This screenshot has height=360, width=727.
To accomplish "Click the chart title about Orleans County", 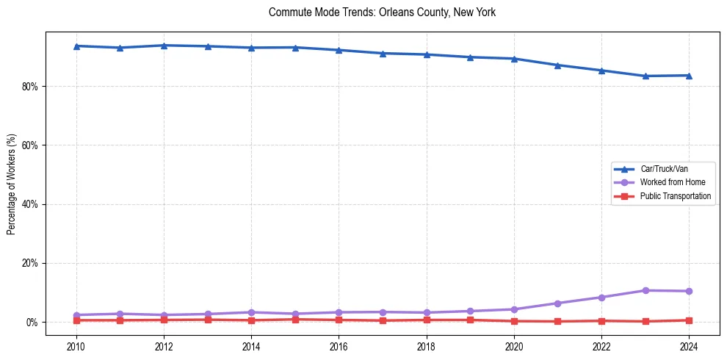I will pos(382,12).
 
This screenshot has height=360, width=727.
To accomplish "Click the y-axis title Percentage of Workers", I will pos(12,184).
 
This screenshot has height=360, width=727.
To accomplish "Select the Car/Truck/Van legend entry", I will pos(664,169).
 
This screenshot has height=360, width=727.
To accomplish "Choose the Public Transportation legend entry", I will pos(676,196).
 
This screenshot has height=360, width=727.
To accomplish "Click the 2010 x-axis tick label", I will pos(76,346).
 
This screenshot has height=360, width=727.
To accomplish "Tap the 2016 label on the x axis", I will pos(339,346).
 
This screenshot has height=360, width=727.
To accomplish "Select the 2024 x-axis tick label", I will pos(689,346).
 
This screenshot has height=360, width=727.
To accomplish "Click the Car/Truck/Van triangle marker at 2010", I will pos(76,46).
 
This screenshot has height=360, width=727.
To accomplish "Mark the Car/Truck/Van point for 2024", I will pos(689,76).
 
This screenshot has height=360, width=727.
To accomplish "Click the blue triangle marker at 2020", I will pos(514,59).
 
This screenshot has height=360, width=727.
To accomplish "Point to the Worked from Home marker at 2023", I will pos(645,290).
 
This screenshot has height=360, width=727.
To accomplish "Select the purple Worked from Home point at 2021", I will pos(558,303).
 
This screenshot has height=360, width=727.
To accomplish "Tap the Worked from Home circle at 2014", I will pos(251,312).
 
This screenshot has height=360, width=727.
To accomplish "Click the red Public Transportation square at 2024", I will pos(689,320).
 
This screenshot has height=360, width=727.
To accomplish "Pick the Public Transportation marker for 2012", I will pos(164,320).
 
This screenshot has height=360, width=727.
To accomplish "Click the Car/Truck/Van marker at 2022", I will pos(601,71).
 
